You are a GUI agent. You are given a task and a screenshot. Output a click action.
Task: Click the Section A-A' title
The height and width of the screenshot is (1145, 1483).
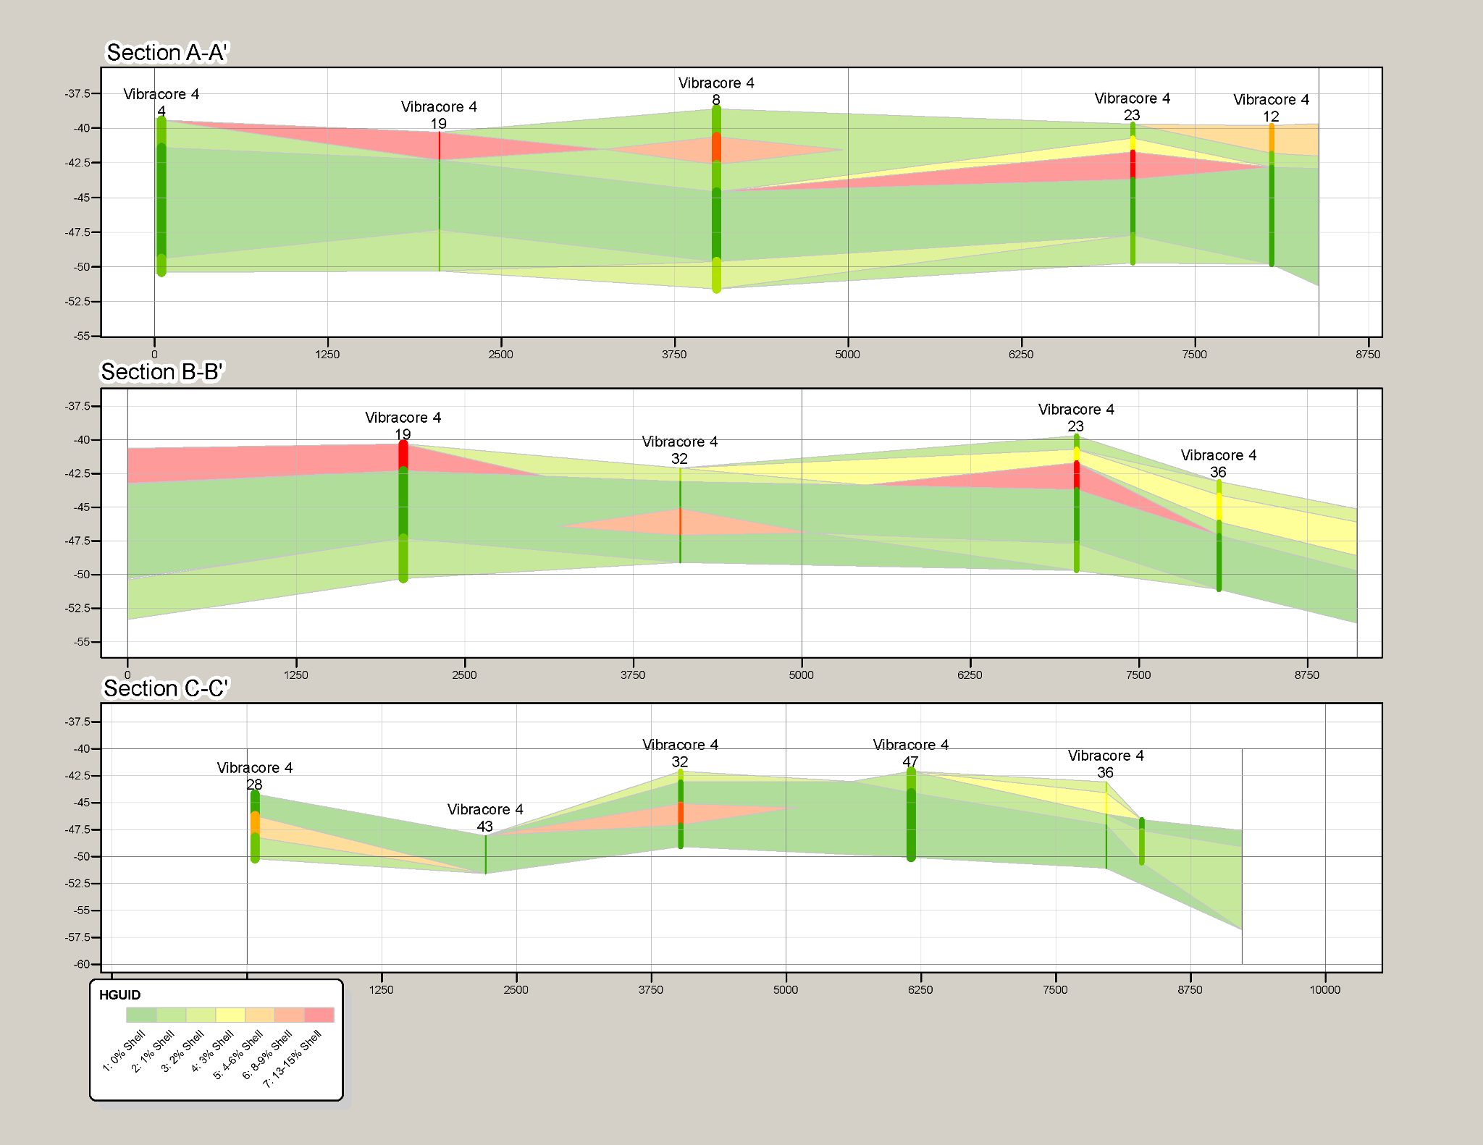click(167, 53)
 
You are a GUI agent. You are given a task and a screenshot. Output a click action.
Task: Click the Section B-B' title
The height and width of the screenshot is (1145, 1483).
click(162, 372)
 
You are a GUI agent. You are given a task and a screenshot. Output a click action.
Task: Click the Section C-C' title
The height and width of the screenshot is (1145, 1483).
click(166, 688)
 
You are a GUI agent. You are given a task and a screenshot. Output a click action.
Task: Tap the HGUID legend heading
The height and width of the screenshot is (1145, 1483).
click(120, 995)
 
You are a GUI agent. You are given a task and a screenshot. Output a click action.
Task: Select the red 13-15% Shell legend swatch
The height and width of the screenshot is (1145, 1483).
click(319, 1015)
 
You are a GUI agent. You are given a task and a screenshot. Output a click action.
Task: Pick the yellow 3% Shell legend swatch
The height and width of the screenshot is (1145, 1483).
click(230, 1015)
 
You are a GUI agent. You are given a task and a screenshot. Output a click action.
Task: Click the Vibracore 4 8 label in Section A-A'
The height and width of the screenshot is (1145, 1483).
click(716, 91)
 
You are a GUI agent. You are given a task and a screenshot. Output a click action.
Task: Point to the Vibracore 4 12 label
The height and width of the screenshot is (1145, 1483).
click(1271, 108)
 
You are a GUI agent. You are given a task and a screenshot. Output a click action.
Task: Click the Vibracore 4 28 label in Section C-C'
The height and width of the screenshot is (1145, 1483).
click(255, 776)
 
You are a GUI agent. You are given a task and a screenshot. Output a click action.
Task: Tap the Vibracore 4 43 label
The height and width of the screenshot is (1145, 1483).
click(485, 818)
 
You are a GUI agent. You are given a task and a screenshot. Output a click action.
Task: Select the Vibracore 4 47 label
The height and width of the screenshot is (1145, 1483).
click(910, 753)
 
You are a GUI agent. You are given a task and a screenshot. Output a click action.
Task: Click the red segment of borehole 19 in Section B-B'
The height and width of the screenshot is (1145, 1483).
click(403, 455)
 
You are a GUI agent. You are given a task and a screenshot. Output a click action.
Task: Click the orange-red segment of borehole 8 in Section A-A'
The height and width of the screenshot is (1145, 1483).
click(716, 148)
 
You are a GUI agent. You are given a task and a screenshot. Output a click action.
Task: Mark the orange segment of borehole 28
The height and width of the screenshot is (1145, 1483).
click(255, 824)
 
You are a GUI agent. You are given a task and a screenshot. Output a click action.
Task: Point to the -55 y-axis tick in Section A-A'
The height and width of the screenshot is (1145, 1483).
click(81, 336)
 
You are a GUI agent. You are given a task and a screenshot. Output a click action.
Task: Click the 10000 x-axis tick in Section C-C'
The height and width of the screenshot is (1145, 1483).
click(1324, 989)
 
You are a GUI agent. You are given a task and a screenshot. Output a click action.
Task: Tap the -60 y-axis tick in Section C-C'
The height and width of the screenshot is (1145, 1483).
click(81, 964)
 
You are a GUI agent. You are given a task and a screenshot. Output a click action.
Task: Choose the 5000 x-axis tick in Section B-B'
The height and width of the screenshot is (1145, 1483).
click(801, 675)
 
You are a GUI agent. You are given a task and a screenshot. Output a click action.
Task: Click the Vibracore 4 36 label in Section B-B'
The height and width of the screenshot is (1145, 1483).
click(1219, 463)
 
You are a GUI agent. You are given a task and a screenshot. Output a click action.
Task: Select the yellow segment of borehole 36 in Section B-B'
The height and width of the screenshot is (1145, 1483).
click(1219, 507)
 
